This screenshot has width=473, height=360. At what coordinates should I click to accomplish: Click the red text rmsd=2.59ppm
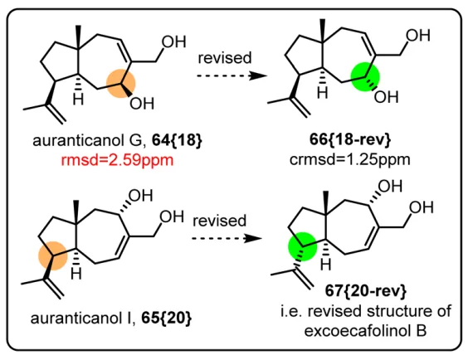pos(117,160)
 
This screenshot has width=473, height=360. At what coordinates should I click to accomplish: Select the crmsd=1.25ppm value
pos(350,159)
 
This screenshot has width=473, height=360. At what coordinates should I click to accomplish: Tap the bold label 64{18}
pos(177,140)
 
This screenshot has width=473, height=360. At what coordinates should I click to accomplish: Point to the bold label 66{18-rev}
pos(350,139)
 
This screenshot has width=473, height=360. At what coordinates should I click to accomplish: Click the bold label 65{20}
pos(166,318)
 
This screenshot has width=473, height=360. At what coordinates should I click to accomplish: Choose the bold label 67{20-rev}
pos(366,290)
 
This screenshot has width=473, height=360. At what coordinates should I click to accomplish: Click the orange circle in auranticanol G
pos(120,83)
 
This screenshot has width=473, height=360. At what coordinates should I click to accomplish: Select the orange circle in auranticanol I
pos(53,256)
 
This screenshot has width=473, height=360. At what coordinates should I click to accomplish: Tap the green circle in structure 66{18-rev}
pos(365,77)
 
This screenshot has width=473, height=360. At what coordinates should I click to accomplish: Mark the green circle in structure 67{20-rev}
pos(303,246)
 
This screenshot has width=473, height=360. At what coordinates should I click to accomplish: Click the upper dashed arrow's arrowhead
pos(258,75)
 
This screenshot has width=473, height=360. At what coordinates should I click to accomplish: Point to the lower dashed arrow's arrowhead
pos(253,239)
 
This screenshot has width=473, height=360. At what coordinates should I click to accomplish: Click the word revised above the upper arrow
pos(224,57)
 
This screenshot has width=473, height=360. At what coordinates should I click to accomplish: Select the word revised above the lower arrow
pos(220,221)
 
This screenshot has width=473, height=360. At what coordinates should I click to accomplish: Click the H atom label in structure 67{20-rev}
pos(325,265)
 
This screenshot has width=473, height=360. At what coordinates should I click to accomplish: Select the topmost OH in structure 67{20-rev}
pos(390,187)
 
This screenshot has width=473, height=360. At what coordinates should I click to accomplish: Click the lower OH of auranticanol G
pos(142,104)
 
